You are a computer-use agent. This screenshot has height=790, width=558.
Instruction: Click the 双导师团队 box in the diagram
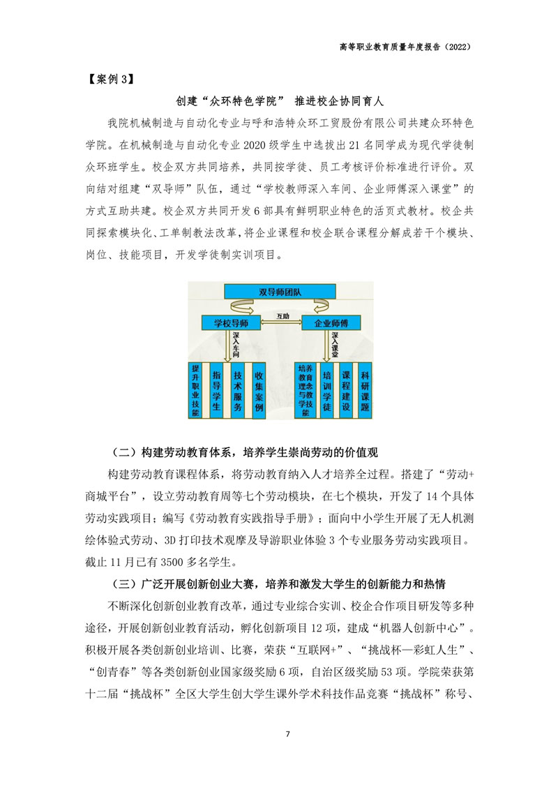tap(280, 292)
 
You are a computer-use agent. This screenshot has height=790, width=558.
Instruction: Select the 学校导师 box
tap(231, 323)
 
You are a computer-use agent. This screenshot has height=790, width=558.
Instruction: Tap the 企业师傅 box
tap(331, 323)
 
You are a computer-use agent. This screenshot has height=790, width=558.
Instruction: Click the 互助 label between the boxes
tap(282, 316)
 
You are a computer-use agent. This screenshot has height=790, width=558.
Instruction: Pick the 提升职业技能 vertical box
tap(195, 390)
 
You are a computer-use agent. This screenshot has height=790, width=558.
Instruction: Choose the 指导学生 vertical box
tap(216, 390)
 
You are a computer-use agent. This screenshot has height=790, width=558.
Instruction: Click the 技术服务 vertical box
tap(238, 390)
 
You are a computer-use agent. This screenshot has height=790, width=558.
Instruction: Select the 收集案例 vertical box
tap(259, 390)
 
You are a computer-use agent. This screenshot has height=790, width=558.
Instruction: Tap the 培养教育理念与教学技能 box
tap(306, 390)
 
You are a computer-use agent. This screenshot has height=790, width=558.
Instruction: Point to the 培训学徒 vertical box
tap(327, 390)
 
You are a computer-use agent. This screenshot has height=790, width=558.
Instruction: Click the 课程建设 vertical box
tap(346, 390)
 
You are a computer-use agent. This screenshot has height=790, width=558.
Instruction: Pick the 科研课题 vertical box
tap(365, 390)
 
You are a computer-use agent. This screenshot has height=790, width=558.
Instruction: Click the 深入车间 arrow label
tap(236, 345)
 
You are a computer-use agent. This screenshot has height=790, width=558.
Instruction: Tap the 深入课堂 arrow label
tap(335, 345)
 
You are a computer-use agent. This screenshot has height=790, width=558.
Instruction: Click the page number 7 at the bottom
tap(287, 734)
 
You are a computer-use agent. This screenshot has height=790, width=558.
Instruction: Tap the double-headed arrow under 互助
tap(282, 323)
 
